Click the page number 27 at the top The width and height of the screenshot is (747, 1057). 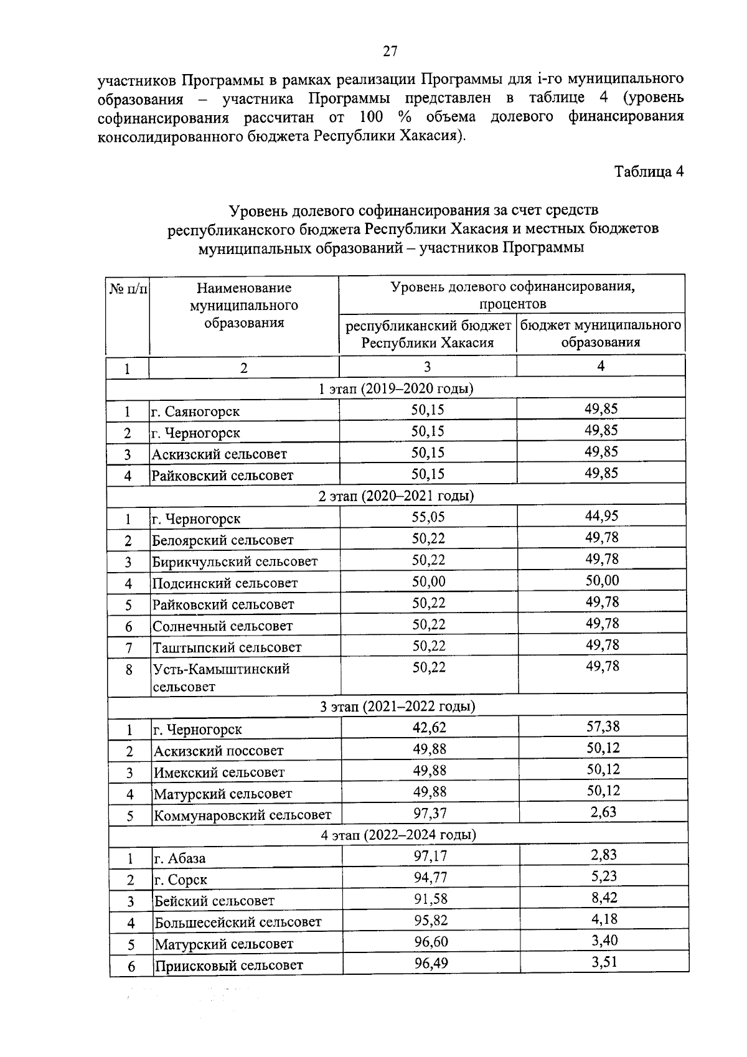click(x=390, y=52)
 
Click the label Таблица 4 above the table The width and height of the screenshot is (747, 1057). click(x=649, y=171)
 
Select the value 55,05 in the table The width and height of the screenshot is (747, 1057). click(x=428, y=516)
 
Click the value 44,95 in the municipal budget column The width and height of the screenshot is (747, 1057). click(x=601, y=515)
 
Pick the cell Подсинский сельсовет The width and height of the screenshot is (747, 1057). click(x=225, y=583)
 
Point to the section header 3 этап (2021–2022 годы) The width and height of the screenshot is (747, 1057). click(x=397, y=707)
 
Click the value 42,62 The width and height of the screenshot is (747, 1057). click(x=429, y=727)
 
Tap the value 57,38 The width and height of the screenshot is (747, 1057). click(x=603, y=726)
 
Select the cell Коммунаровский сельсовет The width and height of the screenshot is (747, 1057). click(x=243, y=815)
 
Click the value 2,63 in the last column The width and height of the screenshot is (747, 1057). click(x=603, y=812)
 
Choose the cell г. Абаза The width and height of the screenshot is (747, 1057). click(x=181, y=858)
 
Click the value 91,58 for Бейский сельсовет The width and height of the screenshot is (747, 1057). click(x=431, y=898)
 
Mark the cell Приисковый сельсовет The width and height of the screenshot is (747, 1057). click(x=229, y=965)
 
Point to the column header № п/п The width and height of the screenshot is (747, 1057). click(x=129, y=289)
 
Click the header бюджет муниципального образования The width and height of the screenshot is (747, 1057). click(x=600, y=334)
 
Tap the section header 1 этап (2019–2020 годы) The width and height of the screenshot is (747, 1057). click(x=396, y=389)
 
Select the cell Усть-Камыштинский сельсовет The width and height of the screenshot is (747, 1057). click(x=222, y=677)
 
